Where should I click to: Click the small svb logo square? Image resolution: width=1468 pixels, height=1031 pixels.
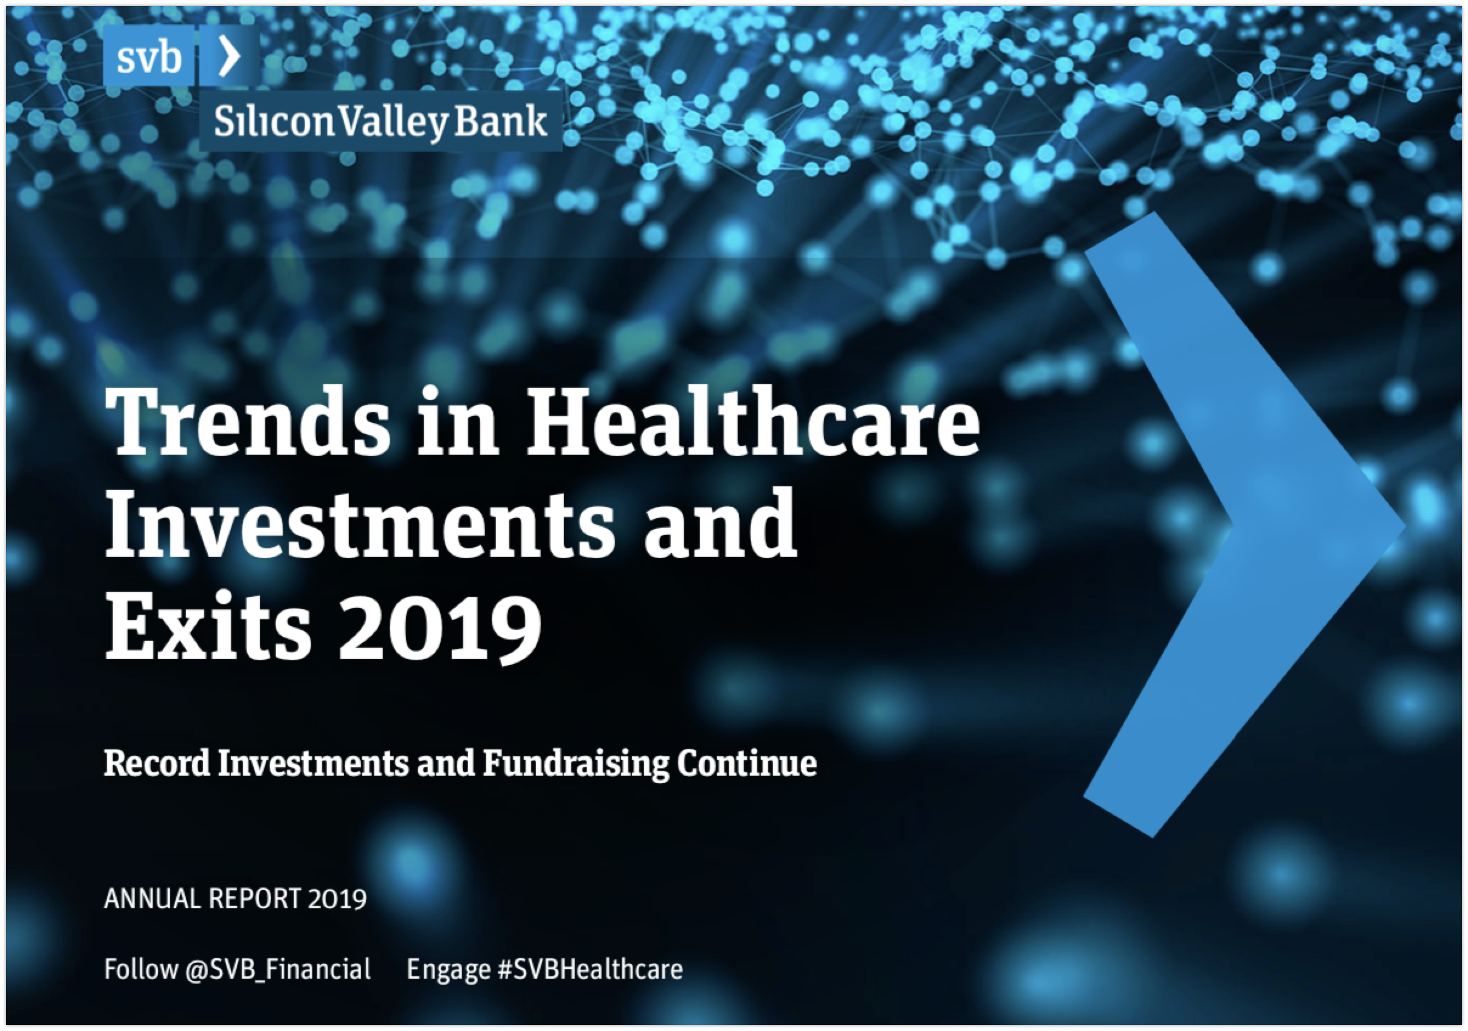tap(148, 56)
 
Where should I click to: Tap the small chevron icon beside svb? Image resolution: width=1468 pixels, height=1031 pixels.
tap(230, 56)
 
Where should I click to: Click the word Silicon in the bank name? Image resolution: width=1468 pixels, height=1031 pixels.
tap(274, 122)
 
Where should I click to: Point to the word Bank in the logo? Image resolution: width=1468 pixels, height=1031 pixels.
tap(501, 121)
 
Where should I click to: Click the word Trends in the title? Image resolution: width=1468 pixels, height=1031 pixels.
tap(247, 422)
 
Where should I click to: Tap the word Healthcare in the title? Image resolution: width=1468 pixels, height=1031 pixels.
tap(753, 421)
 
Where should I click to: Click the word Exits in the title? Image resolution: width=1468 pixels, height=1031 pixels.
tap(208, 626)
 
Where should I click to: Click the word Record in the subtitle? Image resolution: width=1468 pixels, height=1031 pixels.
tap(157, 763)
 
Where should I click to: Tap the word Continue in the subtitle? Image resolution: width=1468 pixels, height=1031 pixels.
tap(747, 763)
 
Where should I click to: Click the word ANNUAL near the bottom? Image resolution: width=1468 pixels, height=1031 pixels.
tap(152, 898)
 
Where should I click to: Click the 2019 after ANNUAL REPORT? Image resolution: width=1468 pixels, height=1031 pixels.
tap(337, 898)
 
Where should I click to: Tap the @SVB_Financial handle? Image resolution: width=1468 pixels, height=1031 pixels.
tap(278, 970)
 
